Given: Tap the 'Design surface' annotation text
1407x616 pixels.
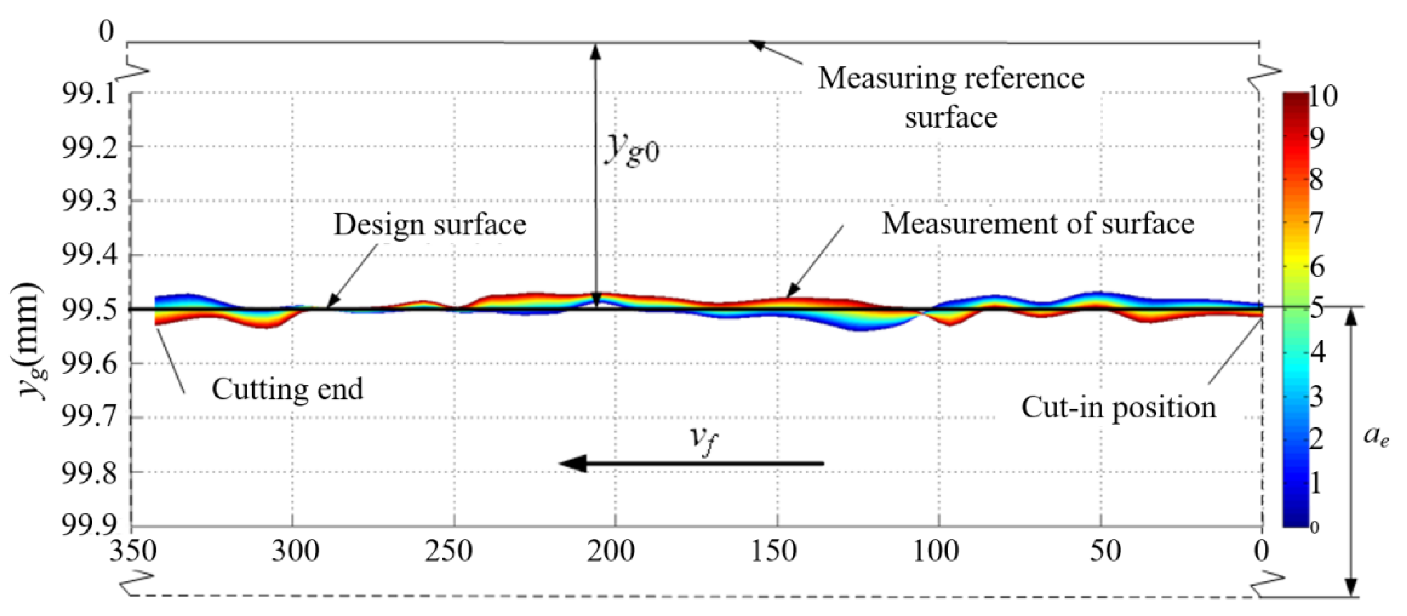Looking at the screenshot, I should tap(430, 224).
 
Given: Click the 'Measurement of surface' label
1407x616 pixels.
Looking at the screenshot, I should tap(1038, 223).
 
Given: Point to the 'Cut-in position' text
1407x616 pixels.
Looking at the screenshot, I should tap(1119, 407).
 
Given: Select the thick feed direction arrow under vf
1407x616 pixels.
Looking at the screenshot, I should tap(691, 464).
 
